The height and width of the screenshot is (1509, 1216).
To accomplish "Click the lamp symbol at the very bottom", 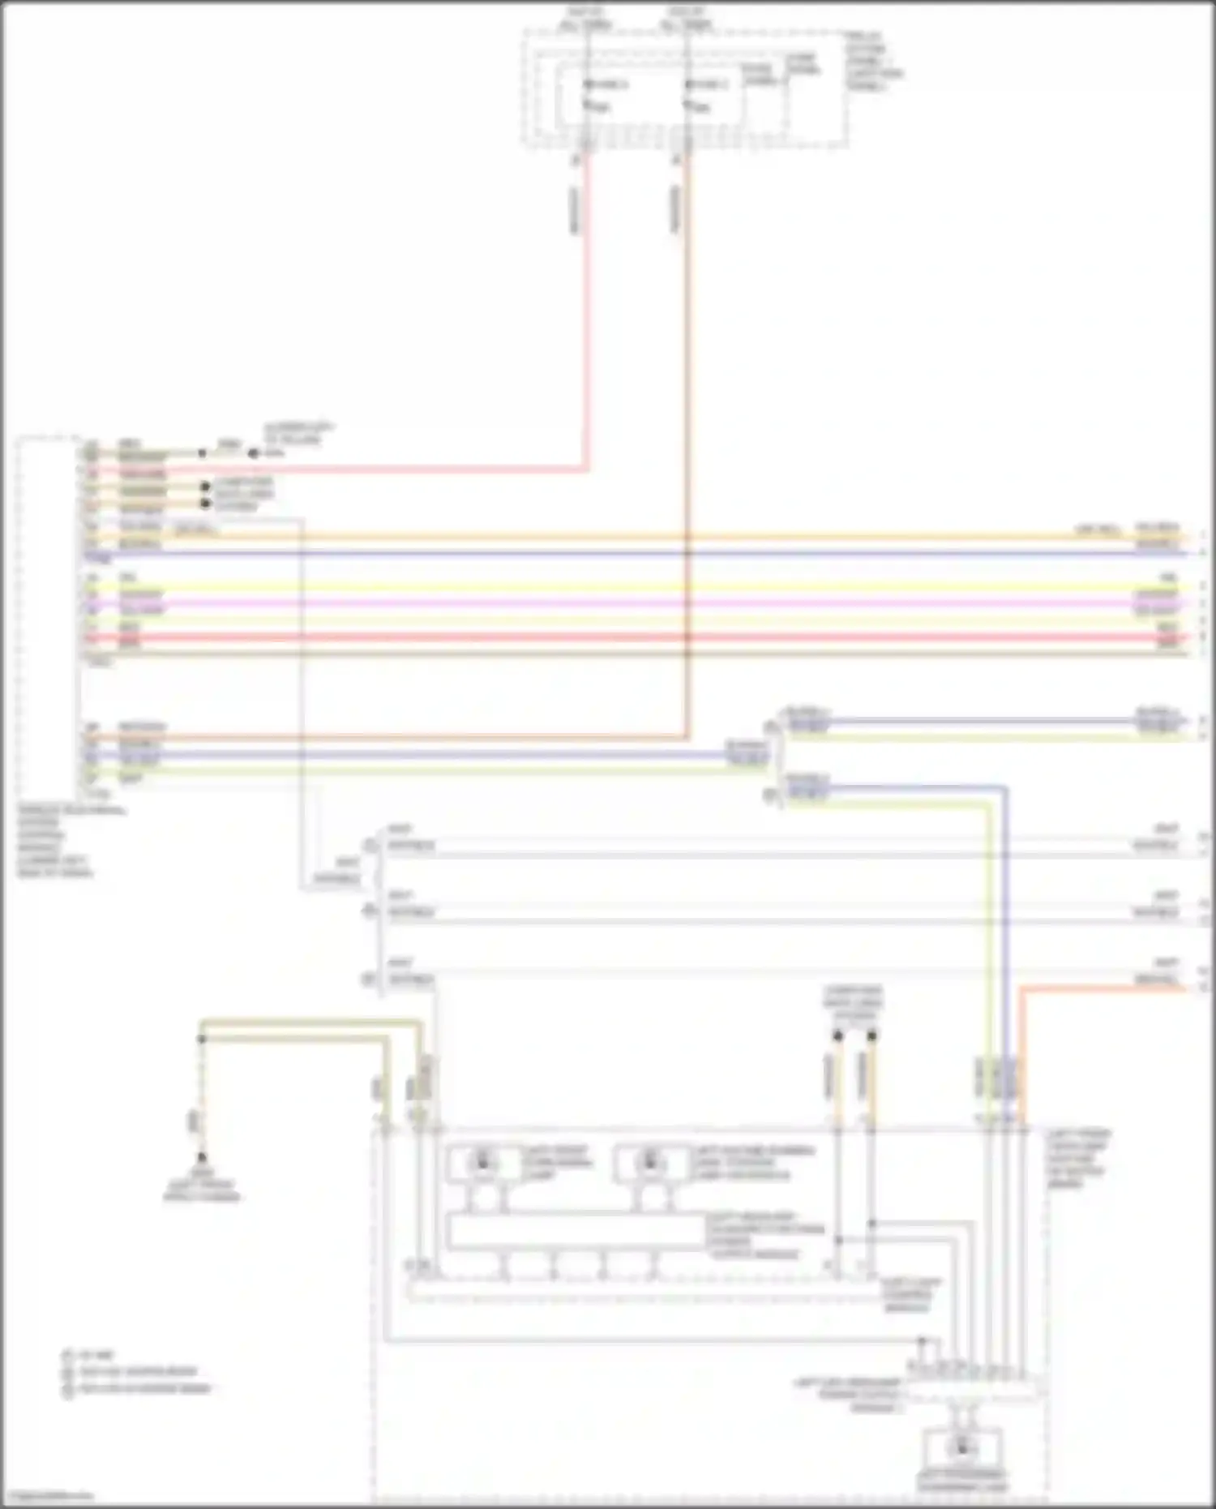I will click(x=962, y=1446).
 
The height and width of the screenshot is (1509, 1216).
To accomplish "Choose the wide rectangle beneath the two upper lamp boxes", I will click(x=576, y=1233).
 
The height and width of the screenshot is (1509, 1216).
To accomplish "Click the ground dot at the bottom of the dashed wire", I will click(x=201, y=1158).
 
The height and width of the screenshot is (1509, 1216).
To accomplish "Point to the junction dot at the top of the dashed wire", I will click(x=201, y=1039).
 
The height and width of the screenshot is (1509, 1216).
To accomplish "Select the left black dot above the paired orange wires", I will click(x=838, y=1036).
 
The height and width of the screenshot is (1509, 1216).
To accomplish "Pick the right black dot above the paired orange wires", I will click(x=872, y=1036).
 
